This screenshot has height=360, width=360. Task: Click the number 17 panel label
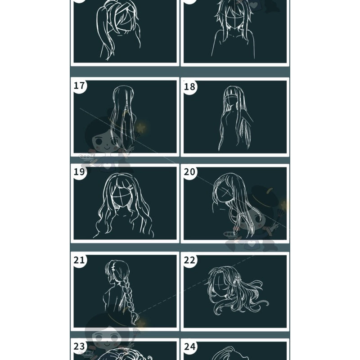[x=79, y=85]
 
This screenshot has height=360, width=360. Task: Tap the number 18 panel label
[x=189, y=86]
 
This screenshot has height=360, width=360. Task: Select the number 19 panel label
[x=79, y=172]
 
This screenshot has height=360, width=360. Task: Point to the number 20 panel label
[x=189, y=172]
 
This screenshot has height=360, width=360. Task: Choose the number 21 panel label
[x=79, y=260]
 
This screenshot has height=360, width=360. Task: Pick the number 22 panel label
[x=189, y=260]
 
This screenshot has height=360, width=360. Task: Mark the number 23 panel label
[x=79, y=346]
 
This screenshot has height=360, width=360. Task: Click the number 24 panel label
[x=189, y=346]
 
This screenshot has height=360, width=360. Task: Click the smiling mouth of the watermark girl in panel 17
[x=108, y=148]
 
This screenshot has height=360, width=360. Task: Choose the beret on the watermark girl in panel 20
[x=263, y=197]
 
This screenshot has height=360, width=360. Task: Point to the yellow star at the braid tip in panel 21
[x=140, y=324]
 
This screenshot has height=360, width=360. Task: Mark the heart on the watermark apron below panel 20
[x=252, y=243]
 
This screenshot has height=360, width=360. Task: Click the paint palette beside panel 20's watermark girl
[x=231, y=234]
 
